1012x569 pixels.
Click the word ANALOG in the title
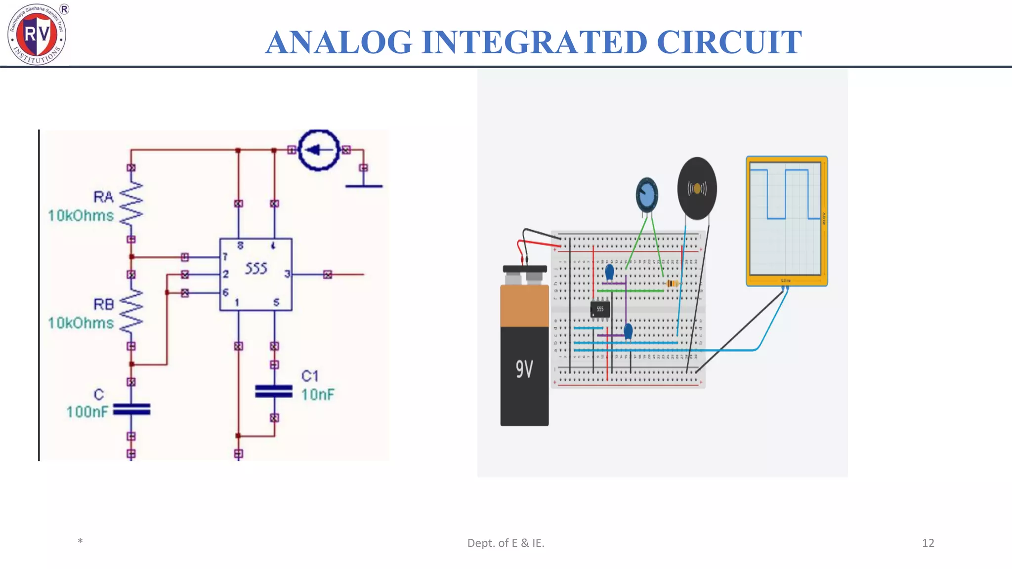click(338, 42)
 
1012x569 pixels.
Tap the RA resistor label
click(103, 197)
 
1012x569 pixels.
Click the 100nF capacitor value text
click(87, 411)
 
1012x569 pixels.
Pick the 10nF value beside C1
click(318, 395)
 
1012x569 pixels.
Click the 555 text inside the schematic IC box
click(256, 268)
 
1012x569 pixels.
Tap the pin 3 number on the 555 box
click(287, 274)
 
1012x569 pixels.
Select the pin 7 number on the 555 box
click(225, 257)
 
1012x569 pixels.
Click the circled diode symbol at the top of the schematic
click(319, 150)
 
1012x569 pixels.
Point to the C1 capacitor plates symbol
click(274, 391)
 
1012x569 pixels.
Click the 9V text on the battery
click(524, 369)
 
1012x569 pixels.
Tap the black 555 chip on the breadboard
click(600, 309)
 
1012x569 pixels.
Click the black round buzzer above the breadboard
click(697, 189)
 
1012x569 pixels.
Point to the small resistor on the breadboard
click(672, 284)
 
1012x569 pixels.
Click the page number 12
click(928, 543)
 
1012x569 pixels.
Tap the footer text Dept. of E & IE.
click(506, 543)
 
